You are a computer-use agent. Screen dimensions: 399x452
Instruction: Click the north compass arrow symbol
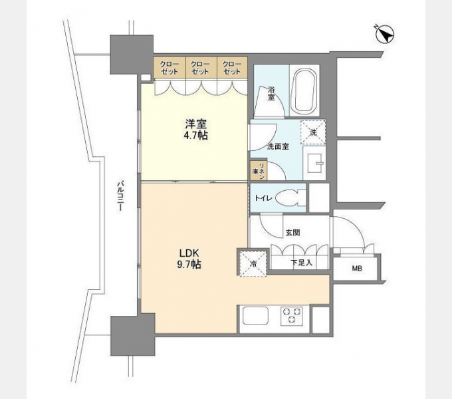point(385,34)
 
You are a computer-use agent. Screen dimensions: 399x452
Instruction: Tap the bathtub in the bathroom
point(304,90)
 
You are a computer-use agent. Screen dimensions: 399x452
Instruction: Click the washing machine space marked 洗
point(313,132)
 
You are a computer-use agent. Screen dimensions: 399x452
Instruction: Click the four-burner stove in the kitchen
point(290,315)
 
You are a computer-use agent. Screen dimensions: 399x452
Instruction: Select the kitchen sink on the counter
point(257,316)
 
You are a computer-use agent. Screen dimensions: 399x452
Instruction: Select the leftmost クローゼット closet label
point(169,67)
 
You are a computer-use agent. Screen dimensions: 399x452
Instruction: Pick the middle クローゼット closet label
point(200,67)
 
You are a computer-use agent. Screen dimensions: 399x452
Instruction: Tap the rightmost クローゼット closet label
point(231,67)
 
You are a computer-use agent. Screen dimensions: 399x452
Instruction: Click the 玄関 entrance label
point(292,233)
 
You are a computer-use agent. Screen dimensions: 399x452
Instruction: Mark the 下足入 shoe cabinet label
point(300,263)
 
